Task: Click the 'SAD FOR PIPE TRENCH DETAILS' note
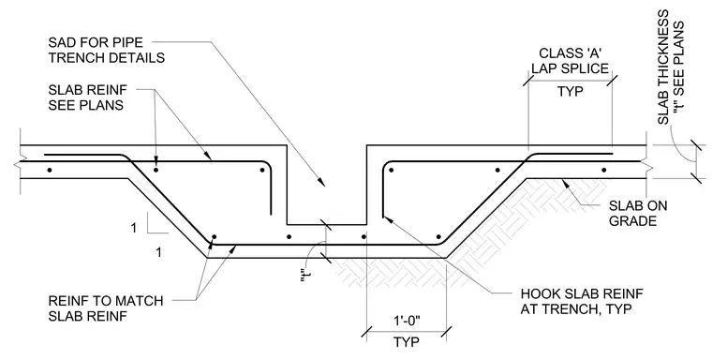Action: pyautogui.click(x=106, y=51)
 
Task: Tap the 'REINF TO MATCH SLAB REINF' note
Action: pyautogui.click(x=105, y=308)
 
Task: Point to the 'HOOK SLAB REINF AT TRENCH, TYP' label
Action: pyautogui.click(x=581, y=301)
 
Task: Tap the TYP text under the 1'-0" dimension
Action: pyautogui.click(x=407, y=342)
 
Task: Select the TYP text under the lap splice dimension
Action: pyautogui.click(x=571, y=91)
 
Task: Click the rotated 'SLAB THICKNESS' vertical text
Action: pyautogui.click(x=663, y=67)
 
